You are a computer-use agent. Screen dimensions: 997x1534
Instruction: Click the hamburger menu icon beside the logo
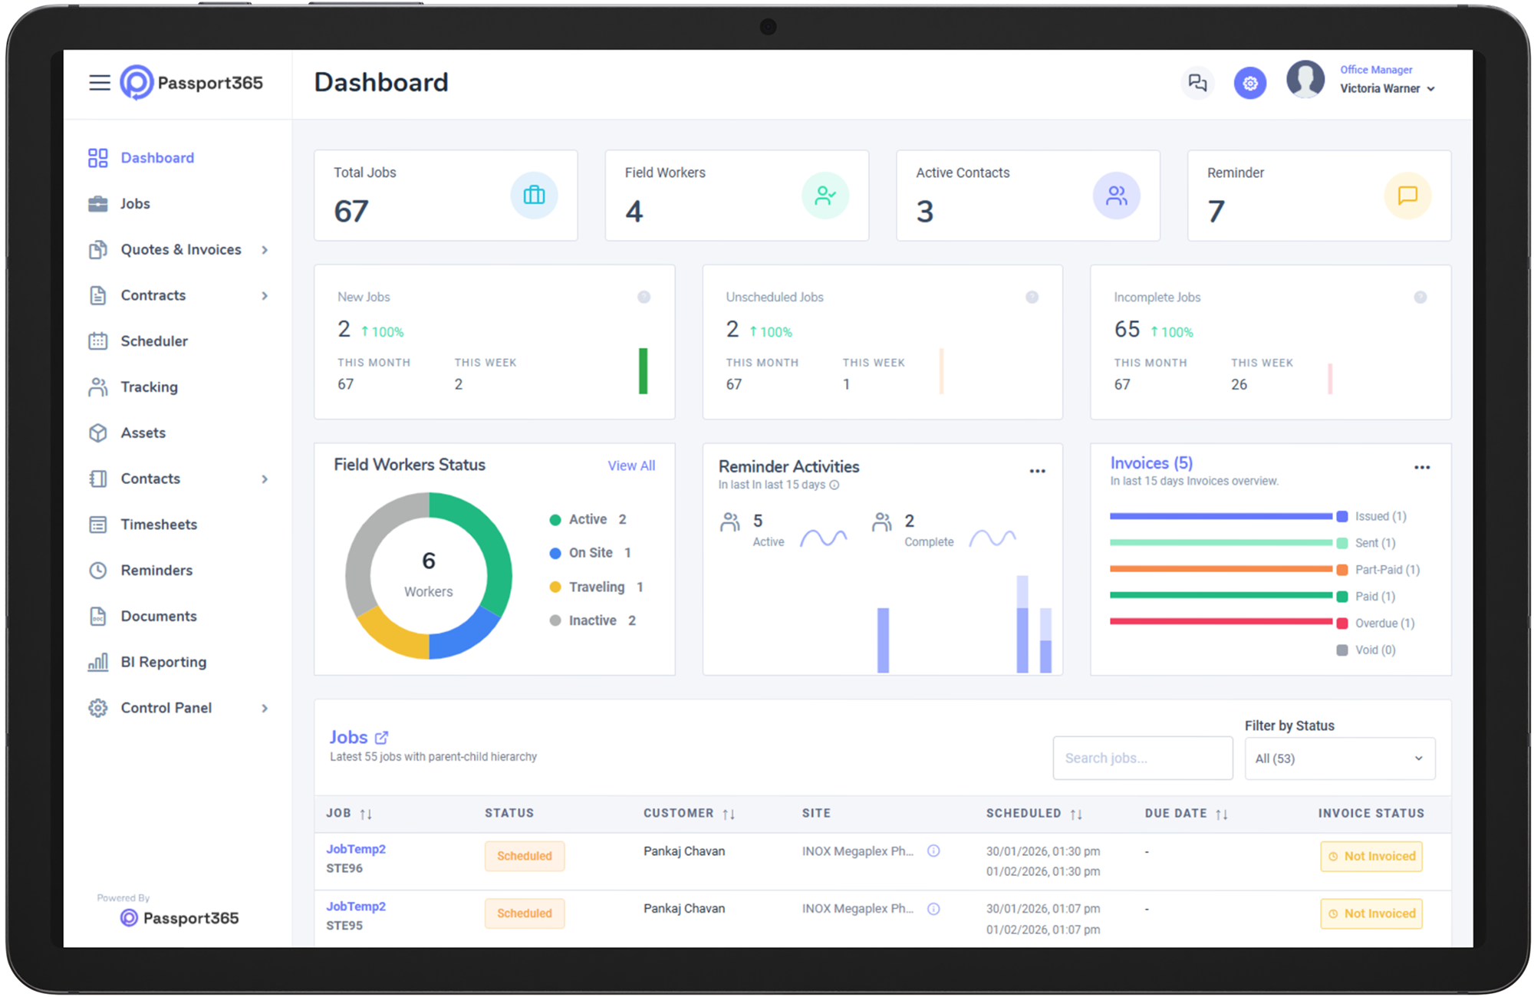(x=100, y=83)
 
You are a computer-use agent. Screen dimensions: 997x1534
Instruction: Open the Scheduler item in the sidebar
(x=153, y=341)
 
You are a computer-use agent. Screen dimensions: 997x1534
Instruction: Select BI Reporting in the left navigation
(x=163, y=662)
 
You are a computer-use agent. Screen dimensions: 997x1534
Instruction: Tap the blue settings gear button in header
(x=1249, y=83)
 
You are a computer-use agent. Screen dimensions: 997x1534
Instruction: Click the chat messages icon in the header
(x=1197, y=83)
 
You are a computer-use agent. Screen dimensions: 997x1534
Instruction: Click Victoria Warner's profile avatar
(x=1305, y=80)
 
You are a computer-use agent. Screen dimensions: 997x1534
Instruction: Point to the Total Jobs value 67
(x=351, y=212)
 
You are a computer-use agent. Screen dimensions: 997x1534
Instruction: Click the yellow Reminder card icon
(x=1407, y=196)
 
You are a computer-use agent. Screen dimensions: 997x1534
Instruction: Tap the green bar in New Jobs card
(x=643, y=371)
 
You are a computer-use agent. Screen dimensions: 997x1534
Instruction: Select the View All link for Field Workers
(x=631, y=466)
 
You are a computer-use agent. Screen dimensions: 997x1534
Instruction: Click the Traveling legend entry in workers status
(x=597, y=587)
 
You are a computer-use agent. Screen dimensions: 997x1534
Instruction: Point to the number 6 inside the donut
(x=429, y=561)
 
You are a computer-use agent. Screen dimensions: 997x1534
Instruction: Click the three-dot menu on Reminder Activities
(x=1037, y=471)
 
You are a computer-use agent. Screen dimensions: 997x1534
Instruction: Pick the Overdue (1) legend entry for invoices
(x=1384, y=624)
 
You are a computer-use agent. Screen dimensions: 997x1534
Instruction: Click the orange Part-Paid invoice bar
(x=1220, y=569)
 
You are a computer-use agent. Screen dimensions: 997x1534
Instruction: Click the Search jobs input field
(x=1142, y=758)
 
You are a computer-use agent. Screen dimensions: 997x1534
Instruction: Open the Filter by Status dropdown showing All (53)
(x=1339, y=758)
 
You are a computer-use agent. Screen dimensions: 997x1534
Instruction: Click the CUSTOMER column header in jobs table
(x=679, y=813)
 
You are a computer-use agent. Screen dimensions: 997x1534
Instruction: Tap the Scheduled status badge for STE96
(x=525, y=856)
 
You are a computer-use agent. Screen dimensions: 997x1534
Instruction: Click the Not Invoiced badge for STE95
(x=1371, y=913)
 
